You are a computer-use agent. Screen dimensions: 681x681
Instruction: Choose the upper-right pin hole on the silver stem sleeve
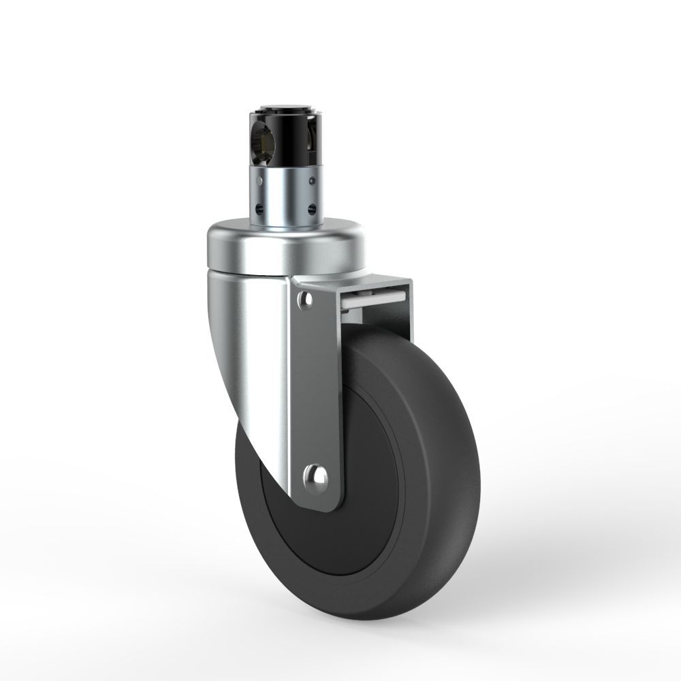click(311, 182)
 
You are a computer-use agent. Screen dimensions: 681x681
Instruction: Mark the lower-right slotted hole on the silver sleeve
click(312, 209)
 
